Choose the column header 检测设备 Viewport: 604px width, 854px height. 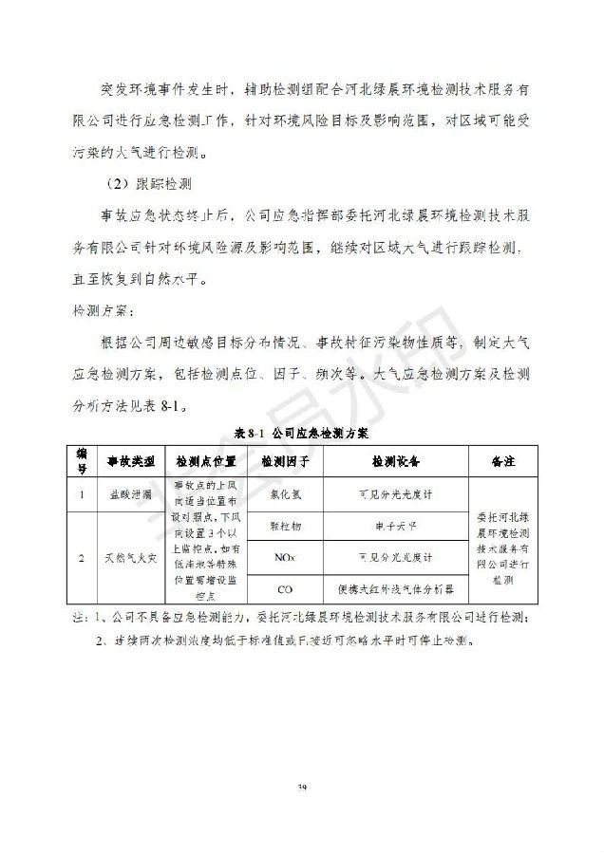point(395,461)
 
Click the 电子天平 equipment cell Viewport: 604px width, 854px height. point(395,524)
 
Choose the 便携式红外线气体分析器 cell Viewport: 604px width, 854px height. point(395,588)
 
